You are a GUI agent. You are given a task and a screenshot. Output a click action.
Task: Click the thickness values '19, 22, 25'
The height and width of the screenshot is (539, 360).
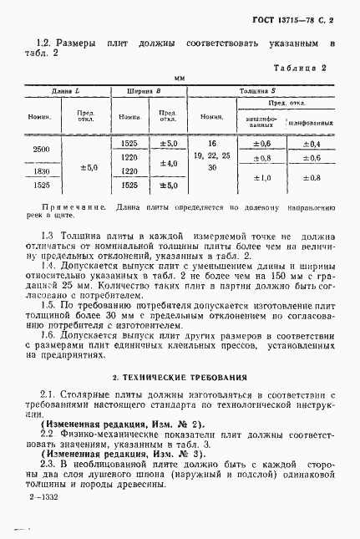pos(211,156)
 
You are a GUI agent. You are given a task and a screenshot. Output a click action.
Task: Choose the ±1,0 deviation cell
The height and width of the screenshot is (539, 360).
pos(262,178)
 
